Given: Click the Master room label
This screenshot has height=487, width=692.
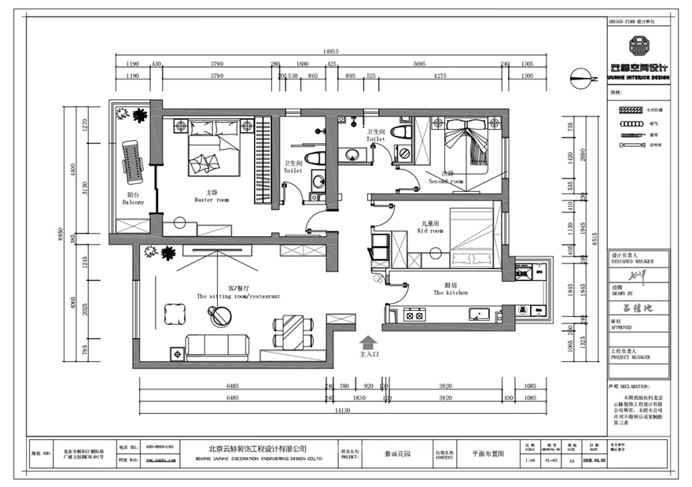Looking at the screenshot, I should pos(212,200).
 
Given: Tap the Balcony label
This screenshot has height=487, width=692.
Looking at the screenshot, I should pos(133,202).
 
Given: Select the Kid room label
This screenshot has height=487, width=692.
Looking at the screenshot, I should pos(432,231).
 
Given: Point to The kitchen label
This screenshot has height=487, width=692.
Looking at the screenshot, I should pos(451,292).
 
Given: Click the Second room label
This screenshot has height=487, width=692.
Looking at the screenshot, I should pos(446,181).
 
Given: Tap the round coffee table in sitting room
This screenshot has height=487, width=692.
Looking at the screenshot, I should pos(221,315).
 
